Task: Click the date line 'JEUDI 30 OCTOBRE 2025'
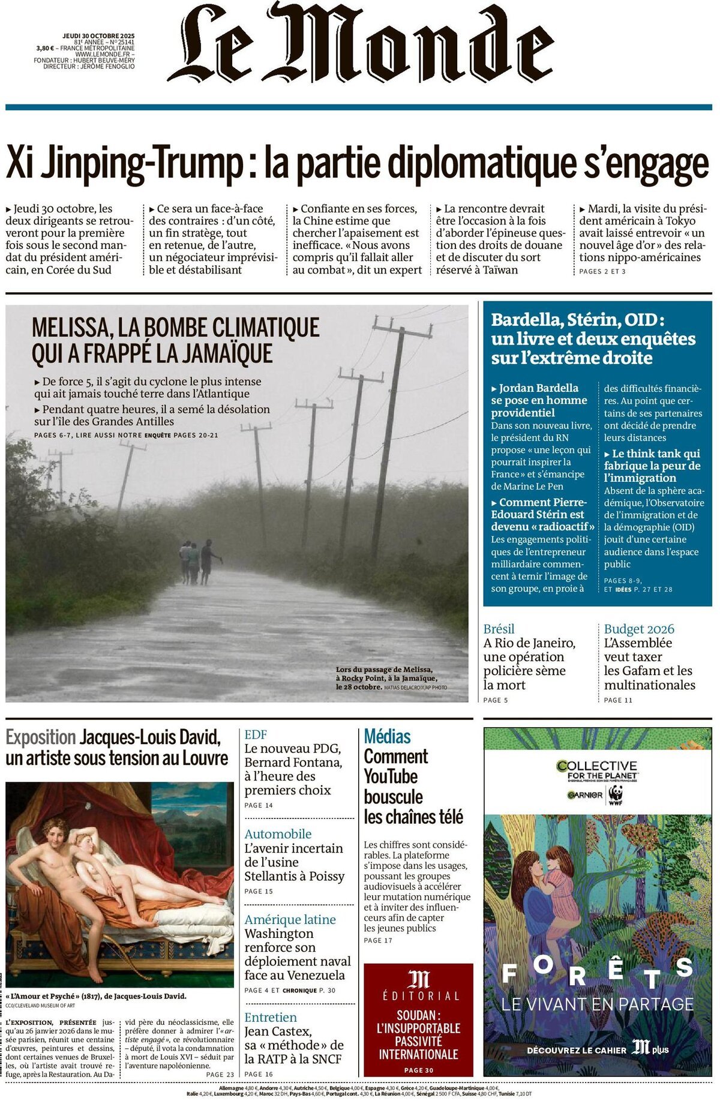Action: click(x=98, y=36)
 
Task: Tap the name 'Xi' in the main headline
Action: click(x=19, y=163)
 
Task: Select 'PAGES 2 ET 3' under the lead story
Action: click(x=602, y=272)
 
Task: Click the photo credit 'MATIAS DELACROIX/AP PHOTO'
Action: click(x=415, y=688)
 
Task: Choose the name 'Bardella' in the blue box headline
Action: click(x=517, y=320)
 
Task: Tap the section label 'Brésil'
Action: click(x=499, y=629)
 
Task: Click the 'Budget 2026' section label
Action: click(x=638, y=629)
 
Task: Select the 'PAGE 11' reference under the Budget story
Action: click(x=618, y=700)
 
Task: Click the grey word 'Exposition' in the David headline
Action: click(x=40, y=737)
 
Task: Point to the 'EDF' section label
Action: click(x=256, y=734)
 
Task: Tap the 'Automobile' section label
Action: click(x=278, y=834)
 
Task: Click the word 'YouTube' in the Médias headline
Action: click(x=390, y=776)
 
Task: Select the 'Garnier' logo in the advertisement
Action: click(x=585, y=795)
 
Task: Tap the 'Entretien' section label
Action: click(x=270, y=1018)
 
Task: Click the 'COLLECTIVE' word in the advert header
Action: click(x=596, y=766)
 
